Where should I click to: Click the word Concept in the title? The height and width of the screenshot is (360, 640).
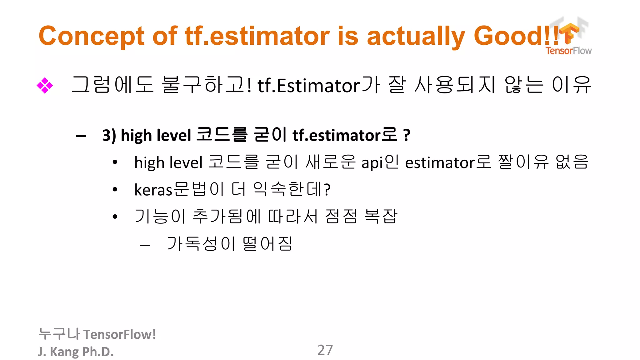point(91,36)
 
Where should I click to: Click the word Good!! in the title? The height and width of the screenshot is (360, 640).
point(516,36)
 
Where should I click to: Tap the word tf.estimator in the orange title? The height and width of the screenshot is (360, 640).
point(257,36)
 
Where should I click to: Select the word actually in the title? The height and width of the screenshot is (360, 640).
point(416,36)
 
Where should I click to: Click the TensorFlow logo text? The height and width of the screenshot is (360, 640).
point(568,51)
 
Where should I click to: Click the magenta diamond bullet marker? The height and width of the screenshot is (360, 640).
point(45,85)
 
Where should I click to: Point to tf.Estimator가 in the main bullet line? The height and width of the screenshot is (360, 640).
point(318,85)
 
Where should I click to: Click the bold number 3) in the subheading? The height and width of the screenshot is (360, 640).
point(109,135)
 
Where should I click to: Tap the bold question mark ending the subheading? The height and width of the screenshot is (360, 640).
point(407,135)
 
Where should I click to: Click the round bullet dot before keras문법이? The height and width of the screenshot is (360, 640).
point(115,189)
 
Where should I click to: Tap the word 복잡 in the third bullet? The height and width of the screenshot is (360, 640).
point(381,216)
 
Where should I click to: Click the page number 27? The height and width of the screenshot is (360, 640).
point(325,350)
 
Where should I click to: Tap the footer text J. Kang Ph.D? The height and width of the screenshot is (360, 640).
point(76,352)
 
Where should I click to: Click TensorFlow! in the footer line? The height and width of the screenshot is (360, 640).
point(119,334)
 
